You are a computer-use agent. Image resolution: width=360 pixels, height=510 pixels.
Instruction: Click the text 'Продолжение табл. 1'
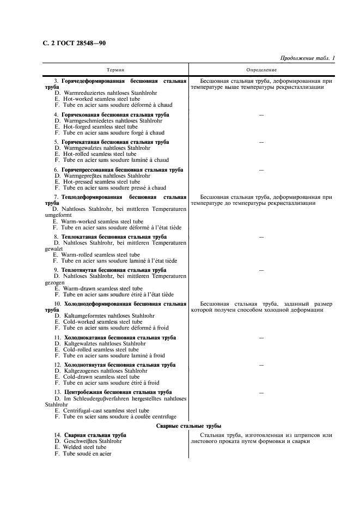coord(307,58)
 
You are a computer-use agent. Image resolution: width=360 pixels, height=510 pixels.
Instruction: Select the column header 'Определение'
coord(261,70)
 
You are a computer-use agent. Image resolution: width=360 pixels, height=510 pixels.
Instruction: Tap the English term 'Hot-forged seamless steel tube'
coord(96,126)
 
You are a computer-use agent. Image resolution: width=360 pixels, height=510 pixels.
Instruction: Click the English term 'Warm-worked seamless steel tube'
coord(98,222)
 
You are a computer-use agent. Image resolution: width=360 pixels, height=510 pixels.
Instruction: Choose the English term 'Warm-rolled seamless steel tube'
coord(96,254)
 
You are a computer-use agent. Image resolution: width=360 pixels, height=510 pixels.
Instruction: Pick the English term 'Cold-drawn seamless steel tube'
coord(97,377)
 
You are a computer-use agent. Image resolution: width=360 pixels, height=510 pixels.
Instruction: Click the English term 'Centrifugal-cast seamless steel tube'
coord(102,410)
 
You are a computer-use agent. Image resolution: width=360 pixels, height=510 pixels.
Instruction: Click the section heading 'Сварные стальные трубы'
coord(188,425)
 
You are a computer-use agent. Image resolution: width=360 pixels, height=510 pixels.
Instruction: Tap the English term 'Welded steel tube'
coord(80,447)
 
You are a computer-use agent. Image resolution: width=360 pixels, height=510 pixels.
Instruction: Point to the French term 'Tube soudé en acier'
coord(83,453)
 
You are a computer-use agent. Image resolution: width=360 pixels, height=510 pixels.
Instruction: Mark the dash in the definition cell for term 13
coord(261,392)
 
